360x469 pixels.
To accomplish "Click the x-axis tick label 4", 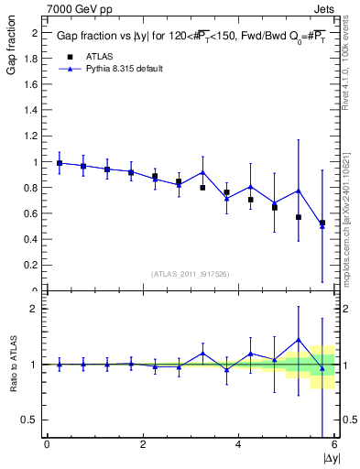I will click(238, 445).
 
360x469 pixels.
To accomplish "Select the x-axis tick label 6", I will click(333, 445).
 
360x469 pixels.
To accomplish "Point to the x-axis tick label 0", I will click(47, 445).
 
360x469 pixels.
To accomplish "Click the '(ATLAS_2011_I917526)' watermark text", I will click(191, 274).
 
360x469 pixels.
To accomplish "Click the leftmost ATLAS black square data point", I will click(60, 163).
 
